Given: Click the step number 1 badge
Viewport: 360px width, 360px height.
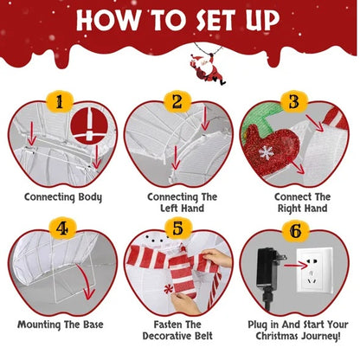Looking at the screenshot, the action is (x=60, y=102).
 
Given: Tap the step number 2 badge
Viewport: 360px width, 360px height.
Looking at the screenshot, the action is (x=177, y=102).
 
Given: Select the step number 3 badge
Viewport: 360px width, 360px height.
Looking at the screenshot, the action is (x=294, y=102).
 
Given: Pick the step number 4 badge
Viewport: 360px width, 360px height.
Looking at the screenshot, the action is (x=62, y=228).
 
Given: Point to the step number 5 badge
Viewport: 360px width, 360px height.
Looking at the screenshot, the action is (x=177, y=228).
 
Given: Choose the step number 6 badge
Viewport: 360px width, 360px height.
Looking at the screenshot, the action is (x=295, y=231).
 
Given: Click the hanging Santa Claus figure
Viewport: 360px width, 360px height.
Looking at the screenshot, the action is (x=209, y=68).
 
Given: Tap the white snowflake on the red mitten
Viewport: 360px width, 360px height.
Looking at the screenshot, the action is (x=267, y=152).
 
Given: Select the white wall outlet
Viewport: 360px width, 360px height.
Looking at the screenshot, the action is (x=314, y=270).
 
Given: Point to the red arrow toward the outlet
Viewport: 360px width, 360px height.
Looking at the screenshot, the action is (x=297, y=265).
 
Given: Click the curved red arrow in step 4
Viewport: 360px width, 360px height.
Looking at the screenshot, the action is (x=87, y=282).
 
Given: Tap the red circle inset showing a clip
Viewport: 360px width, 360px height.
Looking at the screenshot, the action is (x=89, y=125).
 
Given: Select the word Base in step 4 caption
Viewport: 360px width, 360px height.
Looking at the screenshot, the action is (x=93, y=325).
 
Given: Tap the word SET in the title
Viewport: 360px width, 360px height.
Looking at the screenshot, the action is (x=215, y=20).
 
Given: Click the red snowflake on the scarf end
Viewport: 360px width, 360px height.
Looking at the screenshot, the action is (x=168, y=289).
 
